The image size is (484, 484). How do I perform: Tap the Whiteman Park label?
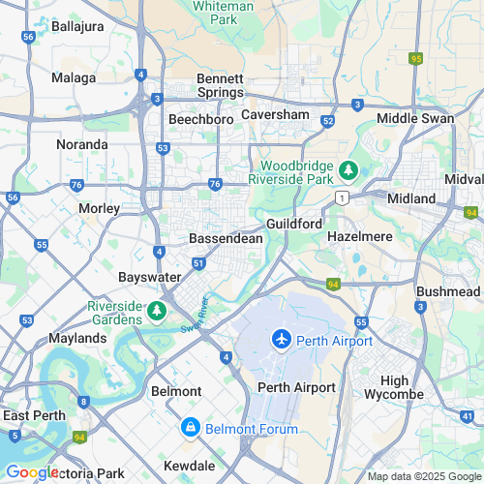tap(223, 13)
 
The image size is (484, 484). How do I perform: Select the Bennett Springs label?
tap(220, 85)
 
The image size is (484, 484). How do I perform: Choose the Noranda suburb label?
tap(82, 144)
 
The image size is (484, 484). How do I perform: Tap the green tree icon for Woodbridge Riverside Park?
tap(348, 172)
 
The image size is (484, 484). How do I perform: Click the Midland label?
tap(410, 198)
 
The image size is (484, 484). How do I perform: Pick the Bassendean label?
tap(222, 237)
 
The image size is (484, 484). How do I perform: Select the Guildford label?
tap(293, 224)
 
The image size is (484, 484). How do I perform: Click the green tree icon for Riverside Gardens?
tap(156, 312)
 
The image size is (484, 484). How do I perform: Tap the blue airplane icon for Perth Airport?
tap(281, 341)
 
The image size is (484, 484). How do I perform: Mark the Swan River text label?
tap(196, 317)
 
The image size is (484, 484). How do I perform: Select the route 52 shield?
tap(328, 122)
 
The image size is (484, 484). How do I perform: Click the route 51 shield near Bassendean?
tap(197, 262)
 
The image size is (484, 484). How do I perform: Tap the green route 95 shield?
tap(416, 59)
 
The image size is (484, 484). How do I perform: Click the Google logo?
tap(32, 471)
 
